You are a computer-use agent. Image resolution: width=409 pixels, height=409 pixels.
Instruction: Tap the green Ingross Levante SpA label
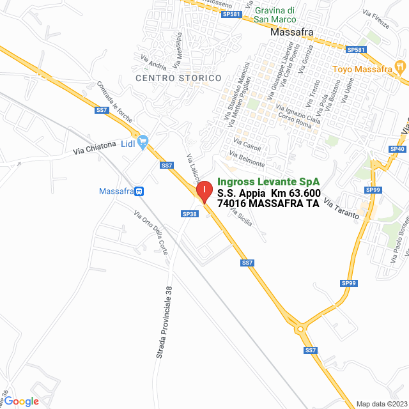tap(268, 181)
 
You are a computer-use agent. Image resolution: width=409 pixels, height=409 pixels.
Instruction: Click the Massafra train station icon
tap(139, 191)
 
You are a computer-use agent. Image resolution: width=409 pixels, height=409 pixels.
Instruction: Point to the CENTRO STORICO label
tap(178, 78)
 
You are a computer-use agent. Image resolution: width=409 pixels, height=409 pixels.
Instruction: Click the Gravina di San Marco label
tap(274, 15)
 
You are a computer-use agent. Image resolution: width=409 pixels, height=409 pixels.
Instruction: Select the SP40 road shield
tap(397, 149)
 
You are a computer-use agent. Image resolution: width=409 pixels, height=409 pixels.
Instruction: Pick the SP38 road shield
tap(190, 214)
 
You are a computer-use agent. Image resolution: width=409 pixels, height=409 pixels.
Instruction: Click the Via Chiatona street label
tap(95, 148)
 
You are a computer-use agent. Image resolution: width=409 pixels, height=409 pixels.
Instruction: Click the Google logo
tap(21, 401)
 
